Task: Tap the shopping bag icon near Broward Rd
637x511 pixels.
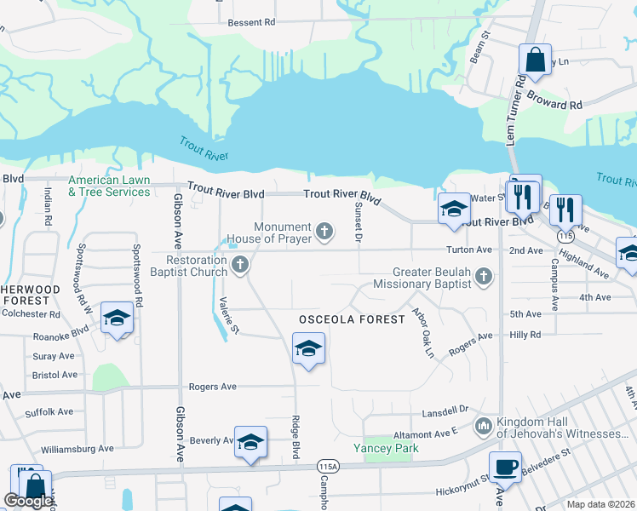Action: click(535, 60)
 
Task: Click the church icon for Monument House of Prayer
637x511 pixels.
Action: click(324, 230)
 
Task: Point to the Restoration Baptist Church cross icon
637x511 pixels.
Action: click(240, 265)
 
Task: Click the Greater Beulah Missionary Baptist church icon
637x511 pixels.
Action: click(484, 276)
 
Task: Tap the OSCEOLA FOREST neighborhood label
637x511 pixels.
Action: click(351, 319)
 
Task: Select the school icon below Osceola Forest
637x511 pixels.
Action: click(308, 349)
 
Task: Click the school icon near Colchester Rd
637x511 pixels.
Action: click(117, 319)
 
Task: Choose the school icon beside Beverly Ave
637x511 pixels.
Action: click(250, 442)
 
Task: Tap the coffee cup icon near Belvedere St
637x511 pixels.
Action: click(505, 467)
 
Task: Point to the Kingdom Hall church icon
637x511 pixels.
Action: click(484, 424)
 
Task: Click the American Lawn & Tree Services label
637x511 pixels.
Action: click(109, 187)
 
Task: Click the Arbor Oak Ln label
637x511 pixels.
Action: click(422, 332)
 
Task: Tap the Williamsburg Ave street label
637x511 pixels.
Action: click(77, 449)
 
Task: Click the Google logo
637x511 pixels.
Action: click(27, 501)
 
